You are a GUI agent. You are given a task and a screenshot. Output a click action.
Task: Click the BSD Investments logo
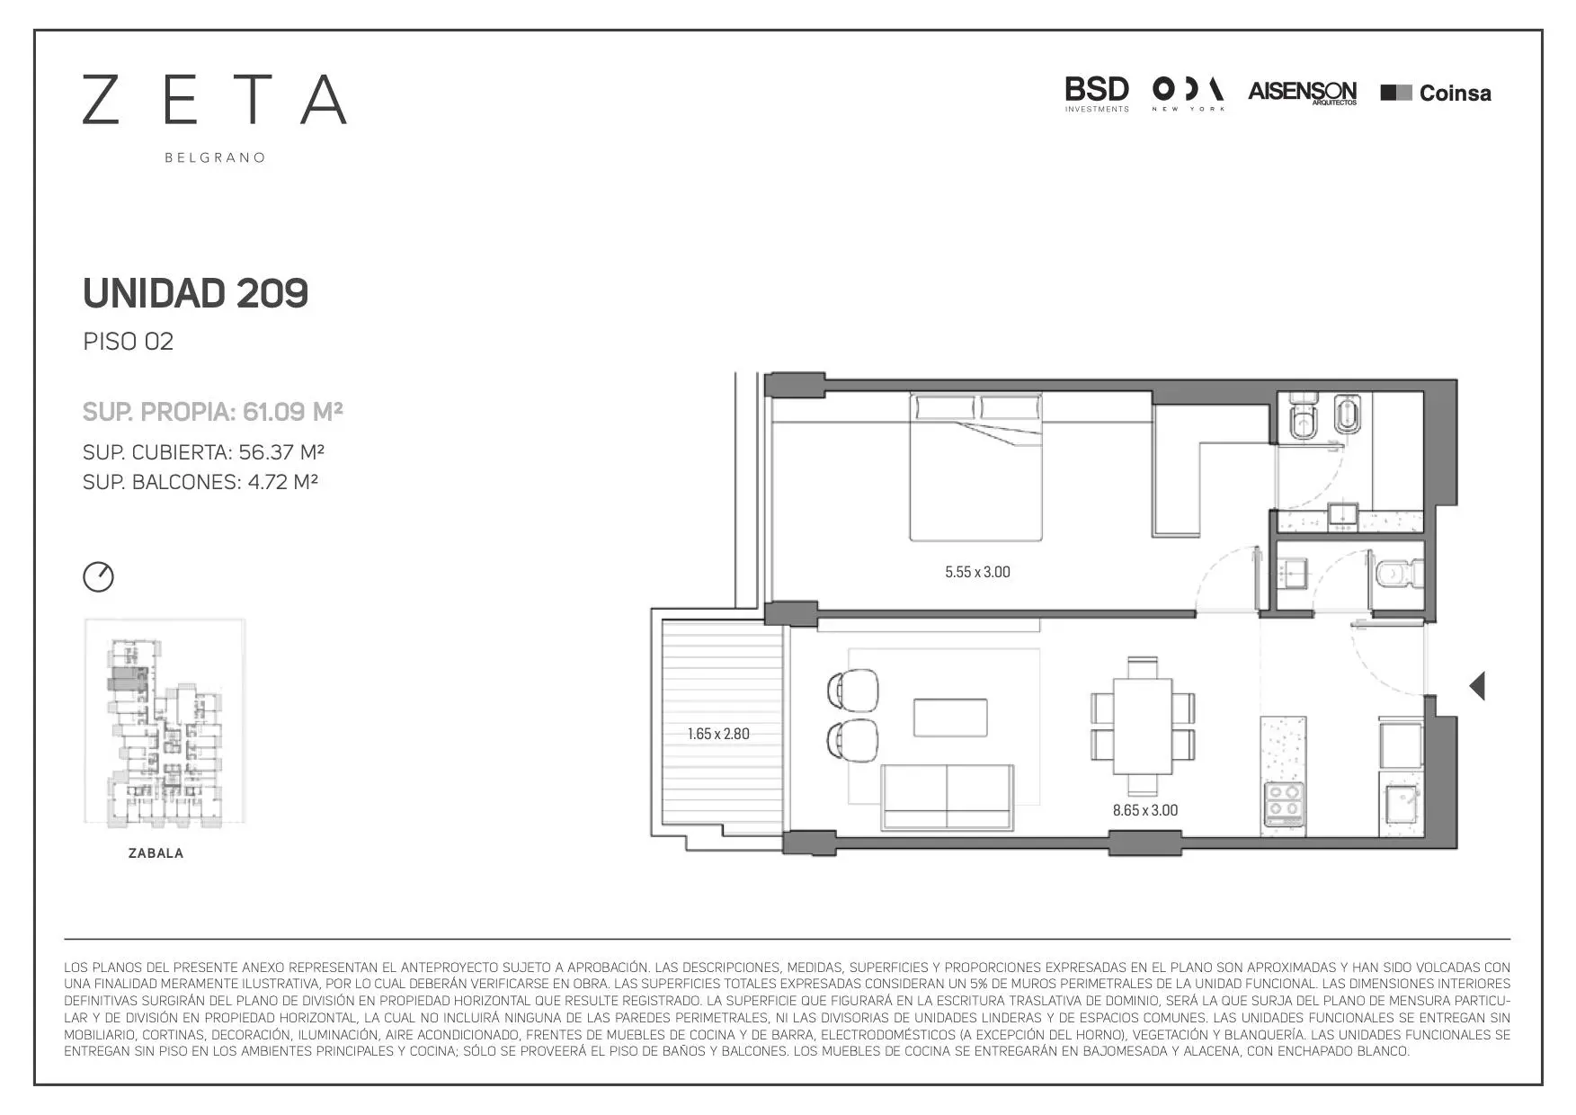(x=1097, y=94)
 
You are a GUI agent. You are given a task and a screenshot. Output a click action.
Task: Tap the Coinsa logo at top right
(x=1436, y=93)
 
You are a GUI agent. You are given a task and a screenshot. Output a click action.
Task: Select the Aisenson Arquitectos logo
(x=1303, y=93)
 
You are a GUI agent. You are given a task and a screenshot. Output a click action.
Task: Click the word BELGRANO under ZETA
(x=215, y=157)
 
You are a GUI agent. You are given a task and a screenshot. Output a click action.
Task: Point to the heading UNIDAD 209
(x=195, y=293)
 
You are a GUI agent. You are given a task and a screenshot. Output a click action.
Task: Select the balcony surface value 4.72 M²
(x=283, y=481)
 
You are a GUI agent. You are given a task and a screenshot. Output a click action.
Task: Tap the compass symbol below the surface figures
(x=99, y=576)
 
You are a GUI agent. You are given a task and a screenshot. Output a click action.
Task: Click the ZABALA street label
(x=156, y=853)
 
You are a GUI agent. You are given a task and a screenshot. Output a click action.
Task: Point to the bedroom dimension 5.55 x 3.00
(x=977, y=572)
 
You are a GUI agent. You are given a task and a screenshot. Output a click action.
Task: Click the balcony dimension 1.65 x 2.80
(x=718, y=734)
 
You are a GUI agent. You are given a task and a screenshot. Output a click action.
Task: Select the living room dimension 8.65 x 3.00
(x=1145, y=810)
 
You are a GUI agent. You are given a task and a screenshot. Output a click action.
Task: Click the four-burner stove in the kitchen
(x=1284, y=804)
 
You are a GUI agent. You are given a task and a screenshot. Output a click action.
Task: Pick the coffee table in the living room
(x=950, y=718)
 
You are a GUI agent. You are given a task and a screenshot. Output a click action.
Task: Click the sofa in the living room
(x=948, y=798)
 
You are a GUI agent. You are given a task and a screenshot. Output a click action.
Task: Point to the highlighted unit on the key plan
(x=126, y=678)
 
